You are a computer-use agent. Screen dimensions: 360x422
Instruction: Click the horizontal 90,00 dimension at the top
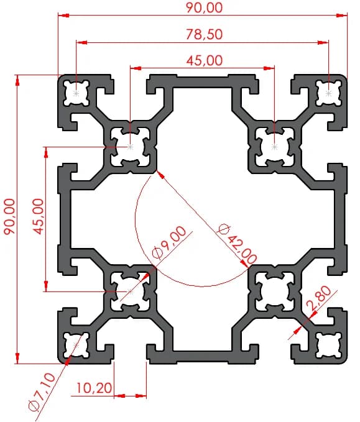click(x=205, y=7)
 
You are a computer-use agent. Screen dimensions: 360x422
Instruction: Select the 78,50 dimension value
click(x=205, y=34)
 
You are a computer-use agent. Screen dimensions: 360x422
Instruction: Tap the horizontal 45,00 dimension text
click(x=205, y=60)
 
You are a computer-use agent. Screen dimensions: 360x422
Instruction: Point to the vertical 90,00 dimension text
click(x=9, y=216)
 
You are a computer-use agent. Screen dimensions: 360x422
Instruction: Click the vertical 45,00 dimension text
click(x=37, y=216)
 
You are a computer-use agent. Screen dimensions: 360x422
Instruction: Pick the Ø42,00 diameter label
click(x=237, y=244)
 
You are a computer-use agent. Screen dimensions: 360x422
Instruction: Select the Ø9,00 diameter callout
click(x=169, y=243)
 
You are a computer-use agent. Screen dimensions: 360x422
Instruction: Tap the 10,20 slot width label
click(x=94, y=388)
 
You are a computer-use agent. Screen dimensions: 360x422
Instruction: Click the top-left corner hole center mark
click(x=76, y=93)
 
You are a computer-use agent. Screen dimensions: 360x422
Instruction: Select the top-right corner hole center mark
click(x=328, y=93)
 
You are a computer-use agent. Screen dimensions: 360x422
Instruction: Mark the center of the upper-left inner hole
click(x=131, y=147)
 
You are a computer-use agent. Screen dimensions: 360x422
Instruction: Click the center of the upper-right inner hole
click(x=274, y=147)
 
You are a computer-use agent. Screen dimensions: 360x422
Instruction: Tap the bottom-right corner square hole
click(x=328, y=346)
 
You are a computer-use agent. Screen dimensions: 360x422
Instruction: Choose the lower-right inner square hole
click(x=274, y=291)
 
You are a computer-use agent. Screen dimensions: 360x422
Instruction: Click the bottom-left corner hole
click(x=76, y=346)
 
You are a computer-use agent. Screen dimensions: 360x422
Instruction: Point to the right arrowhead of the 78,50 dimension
click(x=323, y=42)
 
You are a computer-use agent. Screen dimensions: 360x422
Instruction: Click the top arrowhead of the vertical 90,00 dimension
click(x=18, y=80)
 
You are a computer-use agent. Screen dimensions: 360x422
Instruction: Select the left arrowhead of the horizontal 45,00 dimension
click(x=136, y=68)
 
